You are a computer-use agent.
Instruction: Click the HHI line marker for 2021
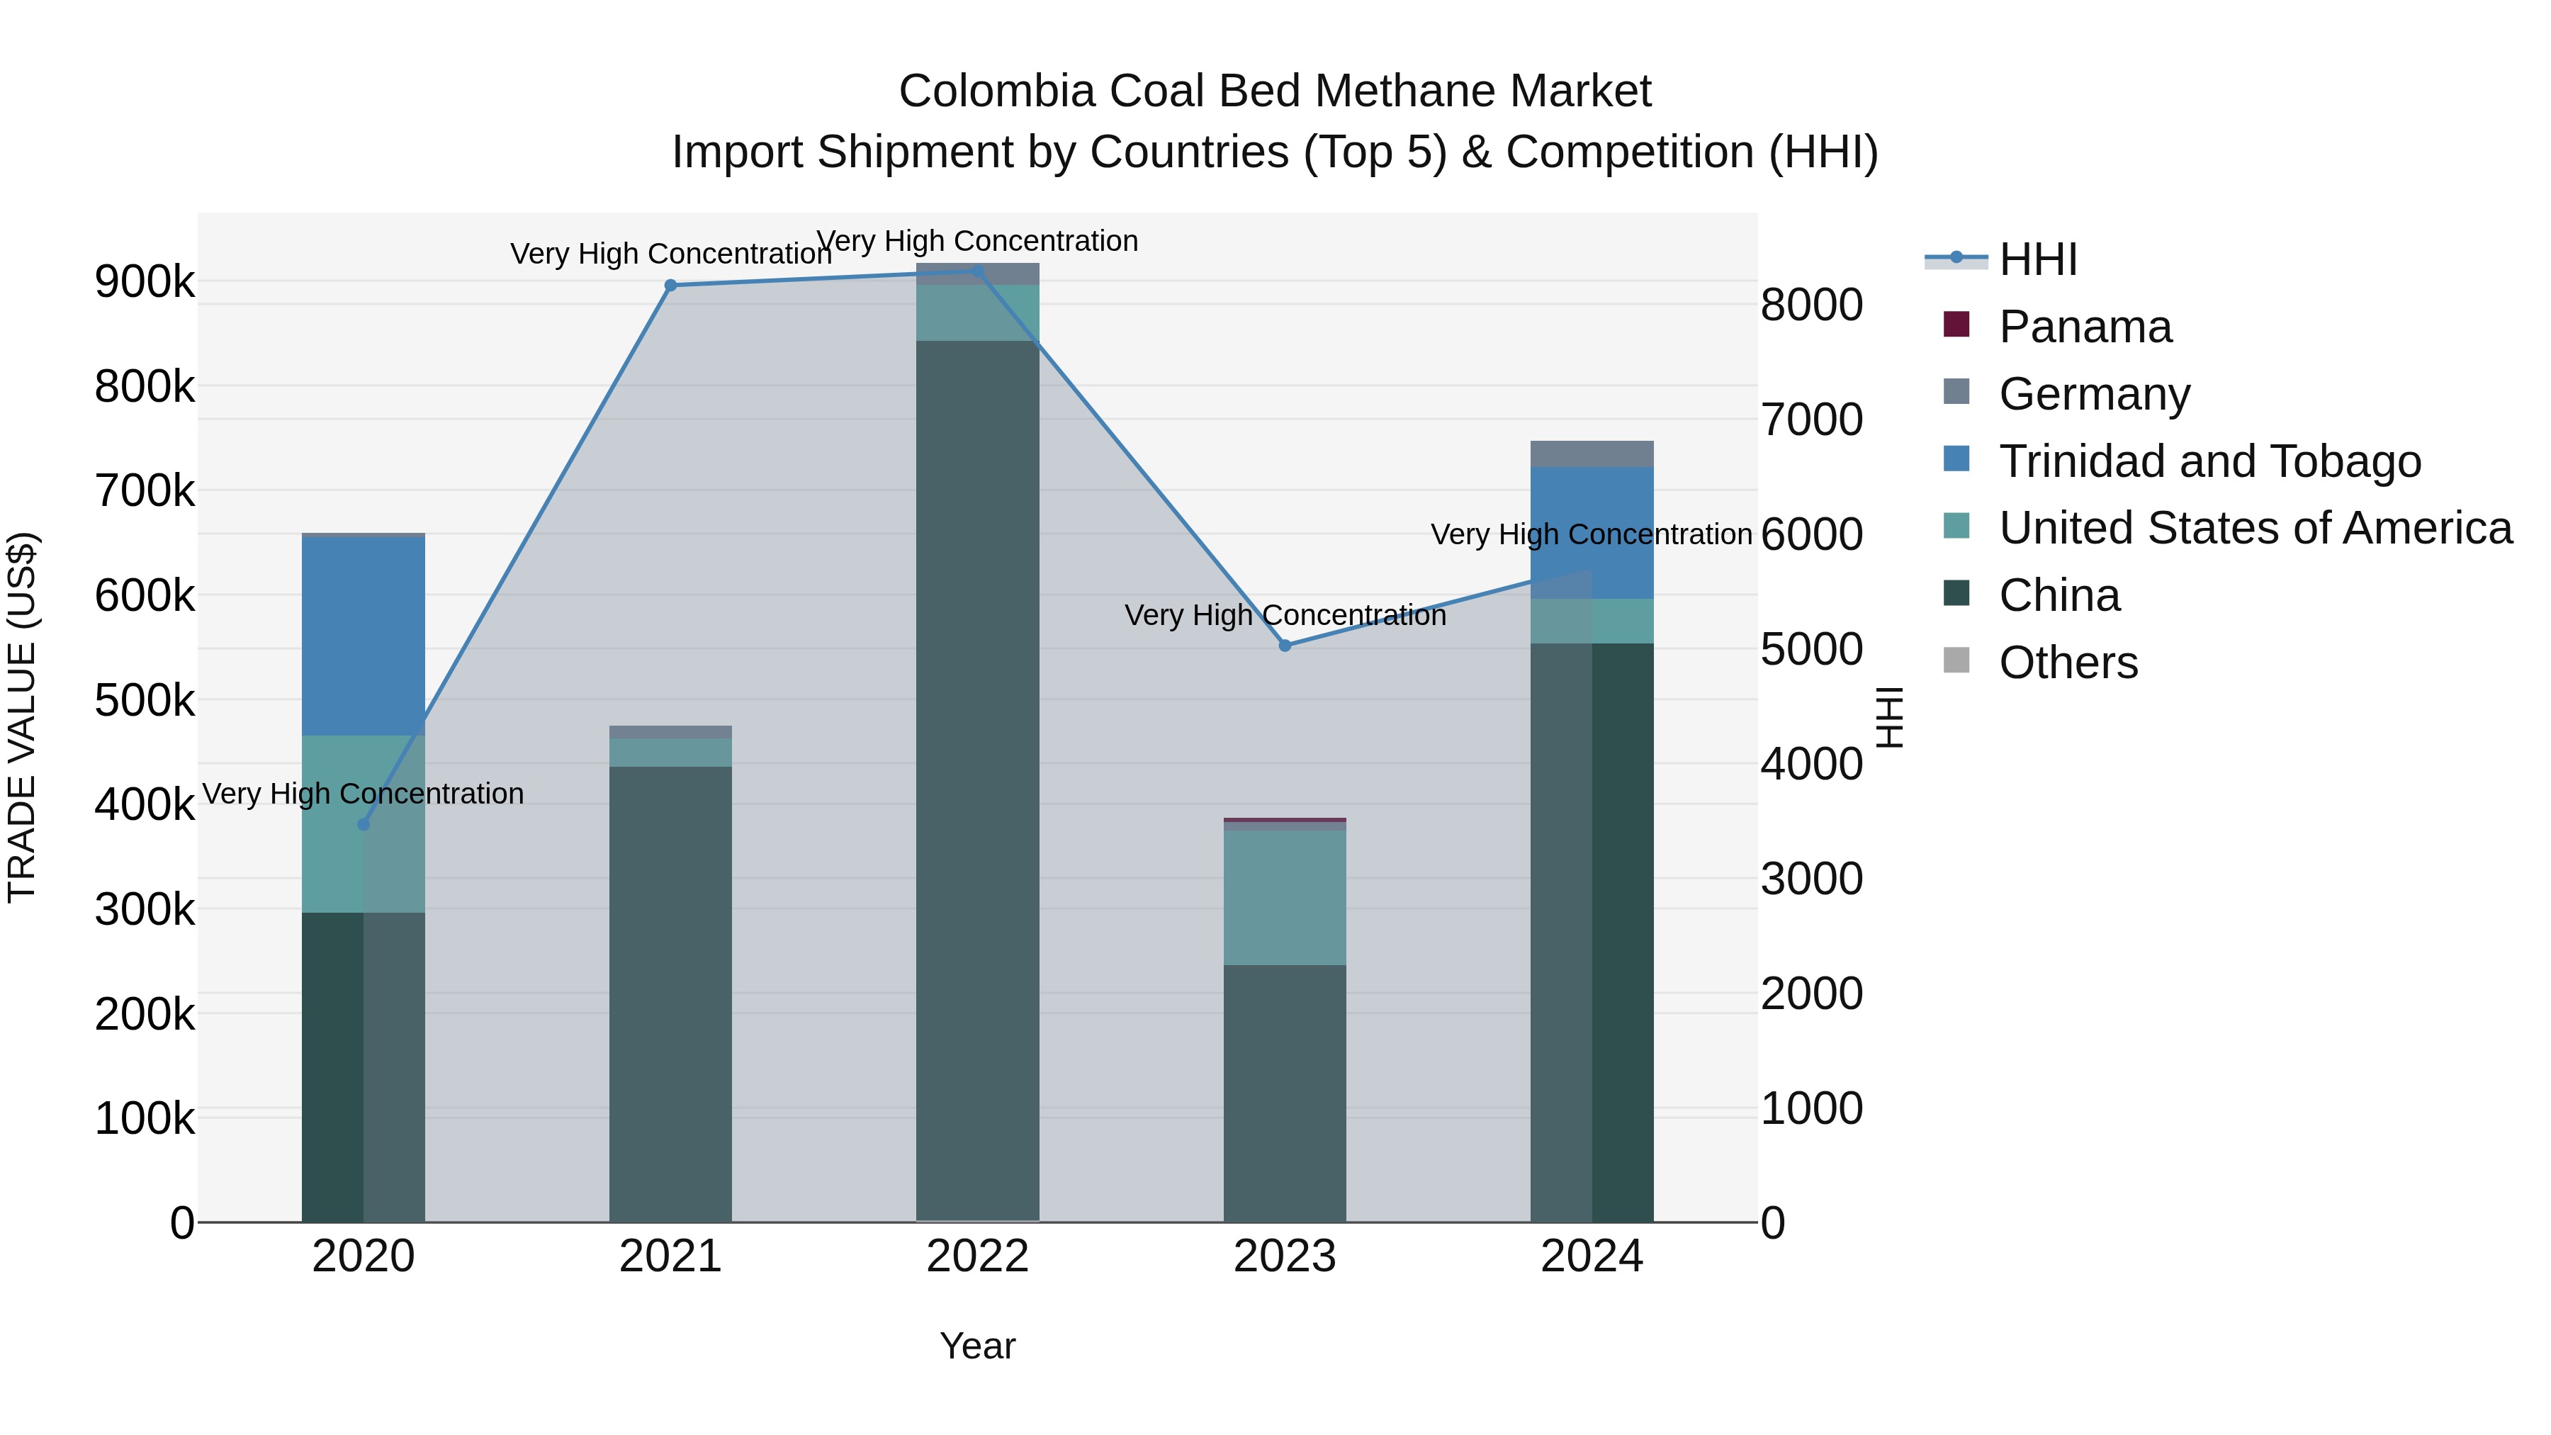coord(670,285)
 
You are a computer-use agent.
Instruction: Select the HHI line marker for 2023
coord(1285,646)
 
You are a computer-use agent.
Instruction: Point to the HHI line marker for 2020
coord(364,824)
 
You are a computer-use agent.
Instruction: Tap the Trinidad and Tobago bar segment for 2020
coord(364,636)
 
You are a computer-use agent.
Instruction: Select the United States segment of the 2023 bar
coord(1285,897)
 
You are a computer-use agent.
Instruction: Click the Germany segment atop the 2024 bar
coord(1592,454)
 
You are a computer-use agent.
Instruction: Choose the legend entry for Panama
coord(2085,327)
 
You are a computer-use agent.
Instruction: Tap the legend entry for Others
coord(2068,663)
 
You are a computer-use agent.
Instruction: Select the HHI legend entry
coord(2037,259)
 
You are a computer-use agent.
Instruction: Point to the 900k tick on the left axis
coord(145,282)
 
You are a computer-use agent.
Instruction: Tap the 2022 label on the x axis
coord(977,1256)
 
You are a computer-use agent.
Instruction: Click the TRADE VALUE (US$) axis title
coord(22,717)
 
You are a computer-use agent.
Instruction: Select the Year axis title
coord(977,1346)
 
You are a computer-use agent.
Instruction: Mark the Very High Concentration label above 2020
coord(364,794)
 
